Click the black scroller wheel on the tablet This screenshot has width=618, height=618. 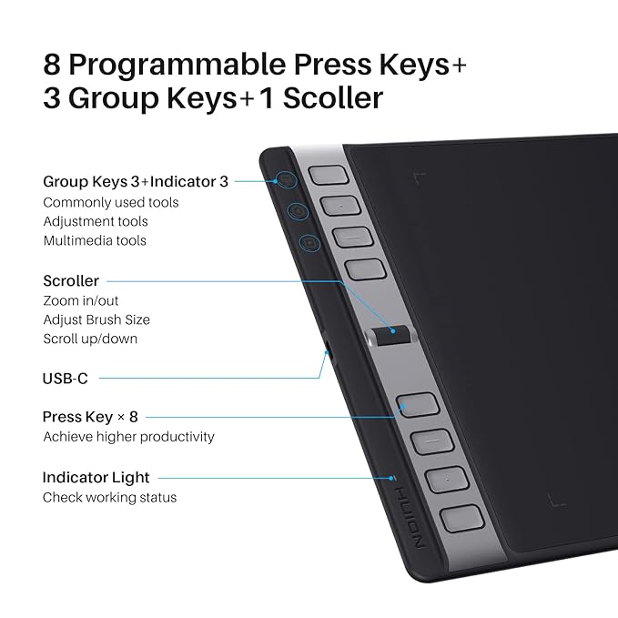[391, 335]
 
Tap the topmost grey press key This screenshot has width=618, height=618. [329, 175]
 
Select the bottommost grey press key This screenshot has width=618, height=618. [461, 518]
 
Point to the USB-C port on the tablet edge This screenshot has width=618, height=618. [328, 349]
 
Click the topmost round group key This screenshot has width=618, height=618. [287, 179]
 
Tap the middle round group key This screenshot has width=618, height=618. [298, 211]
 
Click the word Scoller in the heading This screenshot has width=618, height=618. [333, 97]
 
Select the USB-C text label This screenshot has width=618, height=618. [65, 379]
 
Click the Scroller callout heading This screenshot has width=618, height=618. [71, 280]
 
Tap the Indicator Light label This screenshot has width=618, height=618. [96, 477]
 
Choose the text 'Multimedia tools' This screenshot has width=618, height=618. [95, 240]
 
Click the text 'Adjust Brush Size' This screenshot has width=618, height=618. [96, 319]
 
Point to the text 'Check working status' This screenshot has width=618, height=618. [109, 497]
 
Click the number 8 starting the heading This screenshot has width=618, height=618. [52, 65]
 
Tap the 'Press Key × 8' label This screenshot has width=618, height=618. [90, 417]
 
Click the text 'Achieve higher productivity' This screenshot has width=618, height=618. [128, 437]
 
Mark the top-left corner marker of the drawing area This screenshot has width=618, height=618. [420, 177]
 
